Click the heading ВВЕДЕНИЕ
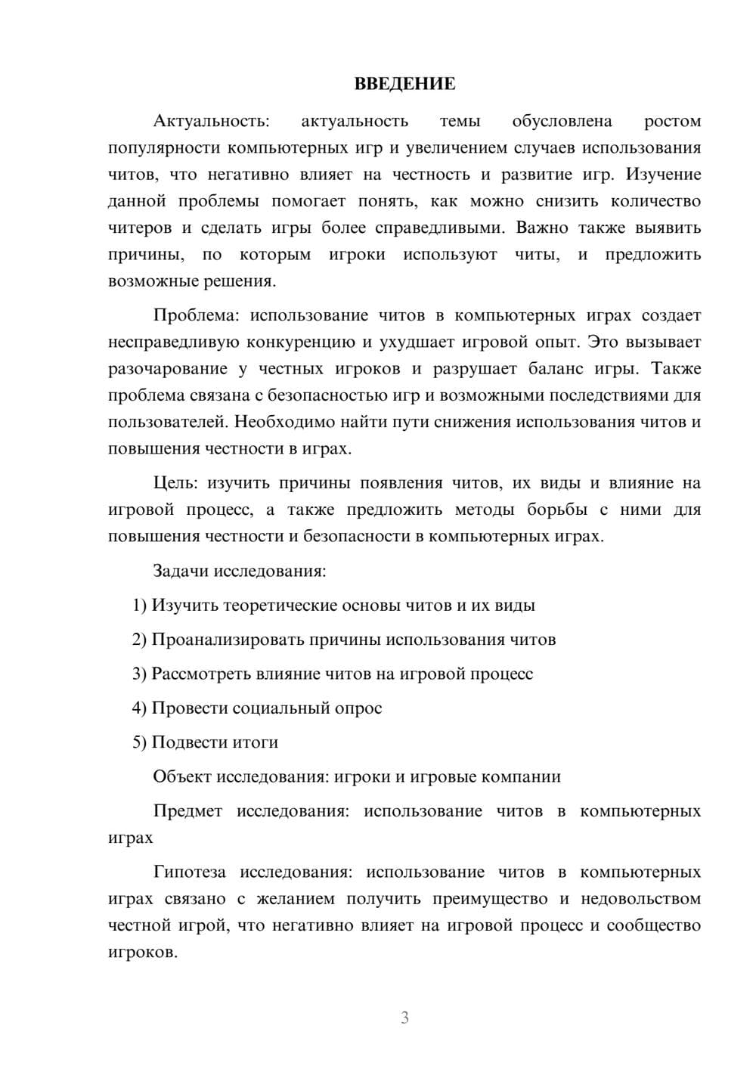(404, 84)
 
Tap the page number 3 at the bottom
(404, 1018)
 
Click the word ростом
(672, 121)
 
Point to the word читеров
(140, 228)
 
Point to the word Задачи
(181, 570)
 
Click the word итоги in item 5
(256, 742)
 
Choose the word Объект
(183, 776)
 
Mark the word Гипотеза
(189, 872)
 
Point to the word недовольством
(640, 898)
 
